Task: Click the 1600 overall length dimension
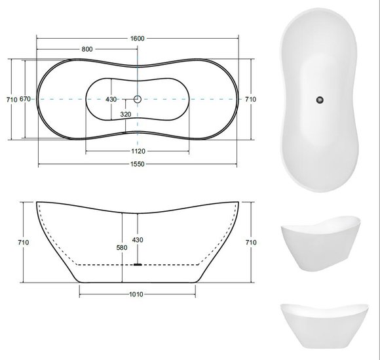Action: pyautogui.click(x=137, y=38)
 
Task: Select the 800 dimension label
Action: pyautogui.click(x=87, y=49)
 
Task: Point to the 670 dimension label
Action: pyautogui.click(x=25, y=99)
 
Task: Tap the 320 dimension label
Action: pyautogui.click(x=126, y=114)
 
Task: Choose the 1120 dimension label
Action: pyautogui.click(x=138, y=151)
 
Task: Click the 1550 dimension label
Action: pyautogui.click(x=138, y=164)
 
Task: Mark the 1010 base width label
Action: pyautogui.click(x=136, y=294)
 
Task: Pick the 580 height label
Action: pyautogui.click(x=122, y=248)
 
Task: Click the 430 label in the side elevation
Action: pyautogui.click(x=138, y=240)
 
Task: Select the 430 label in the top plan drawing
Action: pyautogui.click(x=111, y=99)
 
